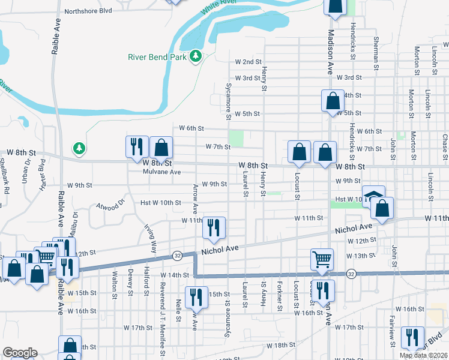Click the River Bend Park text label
click(x=157, y=58)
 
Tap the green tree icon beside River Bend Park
click(x=195, y=56)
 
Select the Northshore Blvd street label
click(x=88, y=11)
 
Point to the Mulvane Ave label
click(x=161, y=172)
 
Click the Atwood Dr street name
click(x=109, y=206)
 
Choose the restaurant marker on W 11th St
click(x=214, y=227)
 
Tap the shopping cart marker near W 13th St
click(x=322, y=259)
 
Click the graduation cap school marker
click(x=373, y=197)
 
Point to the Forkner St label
click(x=280, y=296)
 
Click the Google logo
click(x=19, y=353)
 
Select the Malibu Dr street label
click(x=76, y=221)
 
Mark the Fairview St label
click(x=391, y=332)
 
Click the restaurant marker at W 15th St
click(x=196, y=298)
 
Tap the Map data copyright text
click(x=423, y=355)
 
